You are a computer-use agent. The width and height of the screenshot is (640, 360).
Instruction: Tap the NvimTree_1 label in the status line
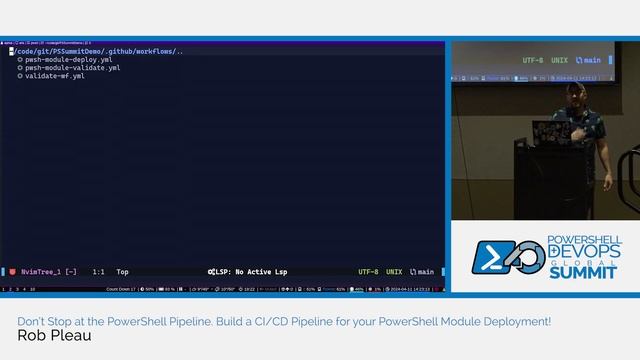coord(41,271)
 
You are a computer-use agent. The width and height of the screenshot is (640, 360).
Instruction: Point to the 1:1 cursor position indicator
coord(99,271)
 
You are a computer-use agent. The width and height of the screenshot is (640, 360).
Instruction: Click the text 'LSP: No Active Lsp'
coord(248,271)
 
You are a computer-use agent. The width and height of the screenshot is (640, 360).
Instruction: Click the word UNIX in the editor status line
coord(395,271)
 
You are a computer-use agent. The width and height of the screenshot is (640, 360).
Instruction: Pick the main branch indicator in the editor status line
coord(423,271)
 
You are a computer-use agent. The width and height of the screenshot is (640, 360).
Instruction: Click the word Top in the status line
coord(122,271)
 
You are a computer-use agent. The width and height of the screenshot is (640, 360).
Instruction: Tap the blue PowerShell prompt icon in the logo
coord(492,259)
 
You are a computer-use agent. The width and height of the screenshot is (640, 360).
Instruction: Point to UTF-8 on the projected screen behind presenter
coord(532,60)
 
